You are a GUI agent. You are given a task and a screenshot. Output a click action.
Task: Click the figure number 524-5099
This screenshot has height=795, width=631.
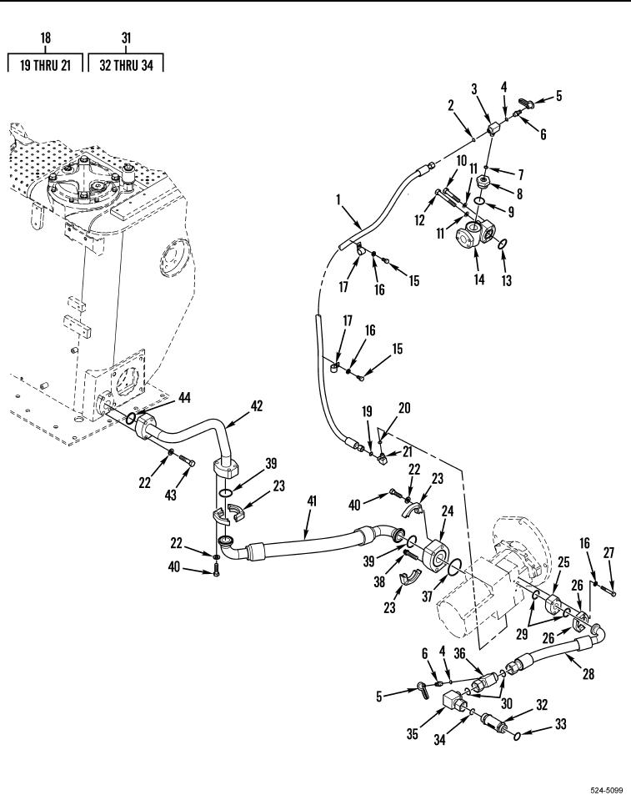[607, 790]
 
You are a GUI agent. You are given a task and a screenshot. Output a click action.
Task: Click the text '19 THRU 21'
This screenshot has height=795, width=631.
[45, 65]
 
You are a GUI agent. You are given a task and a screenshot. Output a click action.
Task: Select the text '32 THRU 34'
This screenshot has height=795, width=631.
[126, 65]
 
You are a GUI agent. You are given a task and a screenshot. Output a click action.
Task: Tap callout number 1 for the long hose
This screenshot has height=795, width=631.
[338, 200]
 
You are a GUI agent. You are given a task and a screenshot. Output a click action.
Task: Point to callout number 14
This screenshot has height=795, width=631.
[479, 279]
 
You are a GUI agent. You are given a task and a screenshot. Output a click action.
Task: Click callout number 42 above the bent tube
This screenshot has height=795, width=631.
[257, 406]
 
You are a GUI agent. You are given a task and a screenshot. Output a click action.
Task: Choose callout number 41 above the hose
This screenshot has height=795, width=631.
[312, 501]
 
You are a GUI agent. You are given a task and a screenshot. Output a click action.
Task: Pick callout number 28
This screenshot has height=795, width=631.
[588, 674]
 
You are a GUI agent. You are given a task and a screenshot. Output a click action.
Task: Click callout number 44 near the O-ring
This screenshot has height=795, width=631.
[185, 398]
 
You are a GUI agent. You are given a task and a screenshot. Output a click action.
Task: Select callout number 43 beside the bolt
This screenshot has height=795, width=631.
[171, 494]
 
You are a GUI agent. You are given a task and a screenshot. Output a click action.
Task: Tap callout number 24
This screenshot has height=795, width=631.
[448, 511]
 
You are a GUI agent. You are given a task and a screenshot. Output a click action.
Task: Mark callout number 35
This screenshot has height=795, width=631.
[413, 733]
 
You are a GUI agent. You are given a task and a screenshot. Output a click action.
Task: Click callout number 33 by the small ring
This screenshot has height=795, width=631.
[560, 724]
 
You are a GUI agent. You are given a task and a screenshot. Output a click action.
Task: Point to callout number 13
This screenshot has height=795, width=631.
[507, 280]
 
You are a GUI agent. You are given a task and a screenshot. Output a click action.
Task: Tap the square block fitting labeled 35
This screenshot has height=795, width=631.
[451, 704]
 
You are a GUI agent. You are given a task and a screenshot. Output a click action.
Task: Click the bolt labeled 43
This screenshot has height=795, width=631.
[187, 460]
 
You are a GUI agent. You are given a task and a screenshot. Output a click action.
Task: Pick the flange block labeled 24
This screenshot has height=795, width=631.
[435, 556]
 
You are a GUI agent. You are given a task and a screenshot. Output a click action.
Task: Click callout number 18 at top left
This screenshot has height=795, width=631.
[46, 38]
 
